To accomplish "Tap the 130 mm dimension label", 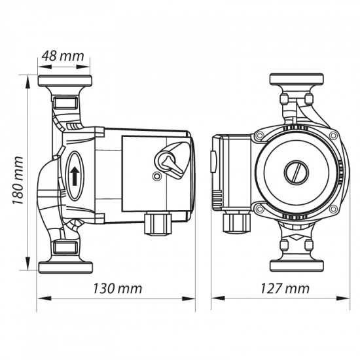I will click(118, 289).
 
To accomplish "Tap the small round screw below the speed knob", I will click(155, 177).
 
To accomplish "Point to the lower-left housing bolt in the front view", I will click(260, 210).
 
